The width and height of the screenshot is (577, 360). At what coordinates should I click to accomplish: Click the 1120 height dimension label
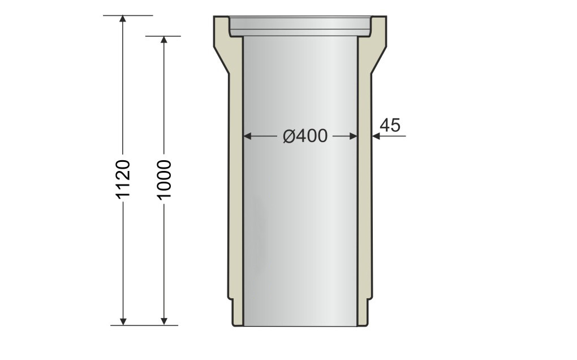(123, 179)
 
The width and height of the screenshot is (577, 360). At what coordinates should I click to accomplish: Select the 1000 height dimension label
(164, 179)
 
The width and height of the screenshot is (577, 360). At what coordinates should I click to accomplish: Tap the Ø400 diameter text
(305, 136)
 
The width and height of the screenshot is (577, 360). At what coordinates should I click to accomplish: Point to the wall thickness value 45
(390, 125)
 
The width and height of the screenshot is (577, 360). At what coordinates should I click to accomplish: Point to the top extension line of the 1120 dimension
(128, 15)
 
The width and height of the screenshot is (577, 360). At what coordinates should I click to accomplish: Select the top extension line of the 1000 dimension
(163, 36)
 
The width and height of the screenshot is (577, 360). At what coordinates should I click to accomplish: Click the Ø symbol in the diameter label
(288, 136)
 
